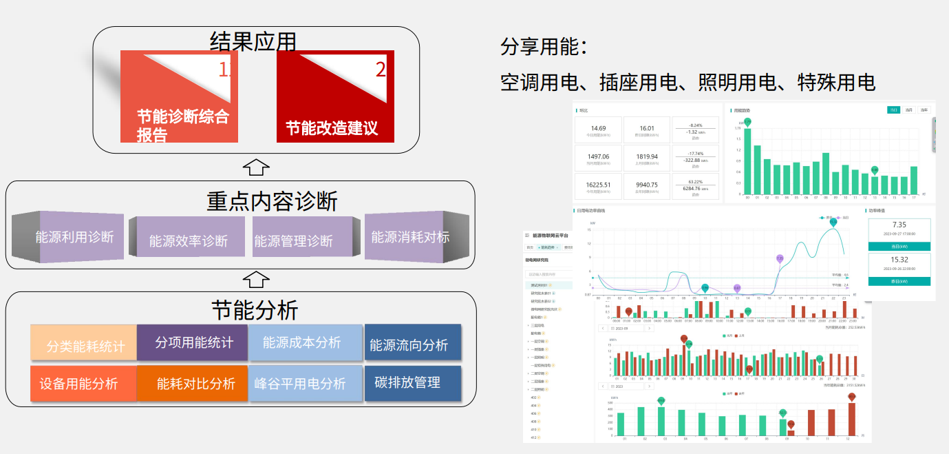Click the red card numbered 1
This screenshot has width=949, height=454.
[179, 96]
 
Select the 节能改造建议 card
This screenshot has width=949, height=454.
[335, 96]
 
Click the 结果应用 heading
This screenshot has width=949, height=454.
[253, 42]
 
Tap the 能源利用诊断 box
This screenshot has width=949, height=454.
[74, 238]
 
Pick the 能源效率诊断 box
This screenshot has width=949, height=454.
[188, 241]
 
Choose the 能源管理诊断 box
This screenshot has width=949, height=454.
[294, 241]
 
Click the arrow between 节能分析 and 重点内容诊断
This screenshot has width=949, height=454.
[257, 279]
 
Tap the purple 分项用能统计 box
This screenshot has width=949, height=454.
[193, 342]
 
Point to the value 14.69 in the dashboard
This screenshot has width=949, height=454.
[598, 128]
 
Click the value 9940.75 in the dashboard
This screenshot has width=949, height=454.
[647, 185]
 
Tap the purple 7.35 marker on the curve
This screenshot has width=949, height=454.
[780, 258]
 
